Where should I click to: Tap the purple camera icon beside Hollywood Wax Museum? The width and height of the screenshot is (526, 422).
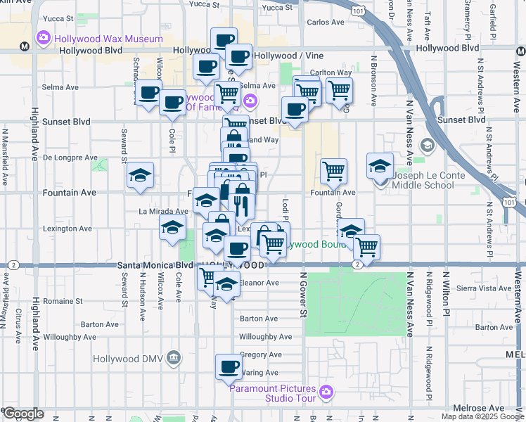(44, 37)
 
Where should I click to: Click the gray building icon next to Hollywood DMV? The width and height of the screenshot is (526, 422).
(173, 359)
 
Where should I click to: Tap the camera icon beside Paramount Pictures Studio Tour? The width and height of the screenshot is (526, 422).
(325, 390)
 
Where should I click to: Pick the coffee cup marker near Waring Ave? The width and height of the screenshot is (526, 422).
(229, 366)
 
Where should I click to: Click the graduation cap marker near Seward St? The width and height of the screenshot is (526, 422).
(141, 176)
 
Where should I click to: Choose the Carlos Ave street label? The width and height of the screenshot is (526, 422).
(325, 23)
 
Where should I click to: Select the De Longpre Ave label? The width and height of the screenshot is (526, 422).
(67, 158)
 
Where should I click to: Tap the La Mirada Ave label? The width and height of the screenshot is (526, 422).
(163, 211)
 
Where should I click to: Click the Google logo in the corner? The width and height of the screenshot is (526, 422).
(23, 414)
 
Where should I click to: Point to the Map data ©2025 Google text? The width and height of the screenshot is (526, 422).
(482, 416)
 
